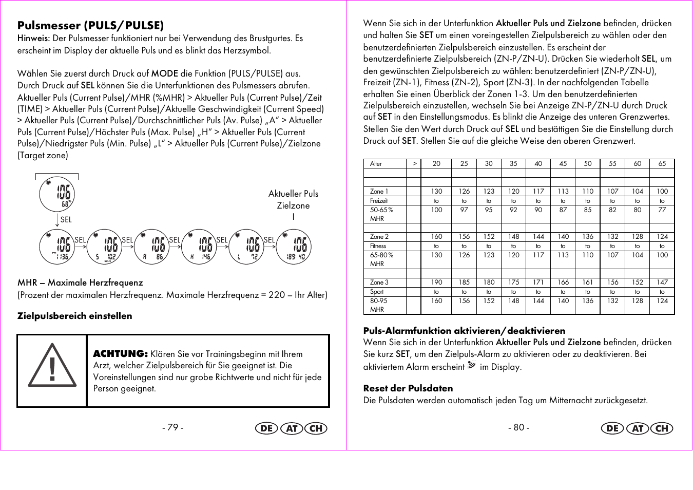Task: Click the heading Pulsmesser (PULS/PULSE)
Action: pos(90,26)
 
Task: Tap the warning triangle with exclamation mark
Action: pos(52,366)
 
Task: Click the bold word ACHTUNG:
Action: pos(120,353)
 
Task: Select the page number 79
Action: pos(173,427)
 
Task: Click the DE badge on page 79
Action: pos(266,428)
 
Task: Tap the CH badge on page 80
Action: pos(662,428)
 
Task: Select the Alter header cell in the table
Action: pos(376,164)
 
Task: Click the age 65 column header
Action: pos(662,164)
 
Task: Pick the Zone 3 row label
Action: pos(379,282)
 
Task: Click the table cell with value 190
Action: pos(436,282)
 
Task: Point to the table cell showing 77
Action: pos(662,210)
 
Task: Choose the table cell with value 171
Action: pos(538,282)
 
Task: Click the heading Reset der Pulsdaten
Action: pos(408,388)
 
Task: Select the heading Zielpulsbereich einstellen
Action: pos(75,316)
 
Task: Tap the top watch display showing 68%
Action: pos(57,194)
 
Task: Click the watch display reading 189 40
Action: pos(294,247)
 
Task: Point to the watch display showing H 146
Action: pos(199,247)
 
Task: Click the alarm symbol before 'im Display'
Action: pos(472,366)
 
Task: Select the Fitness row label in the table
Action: pos(378,246)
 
